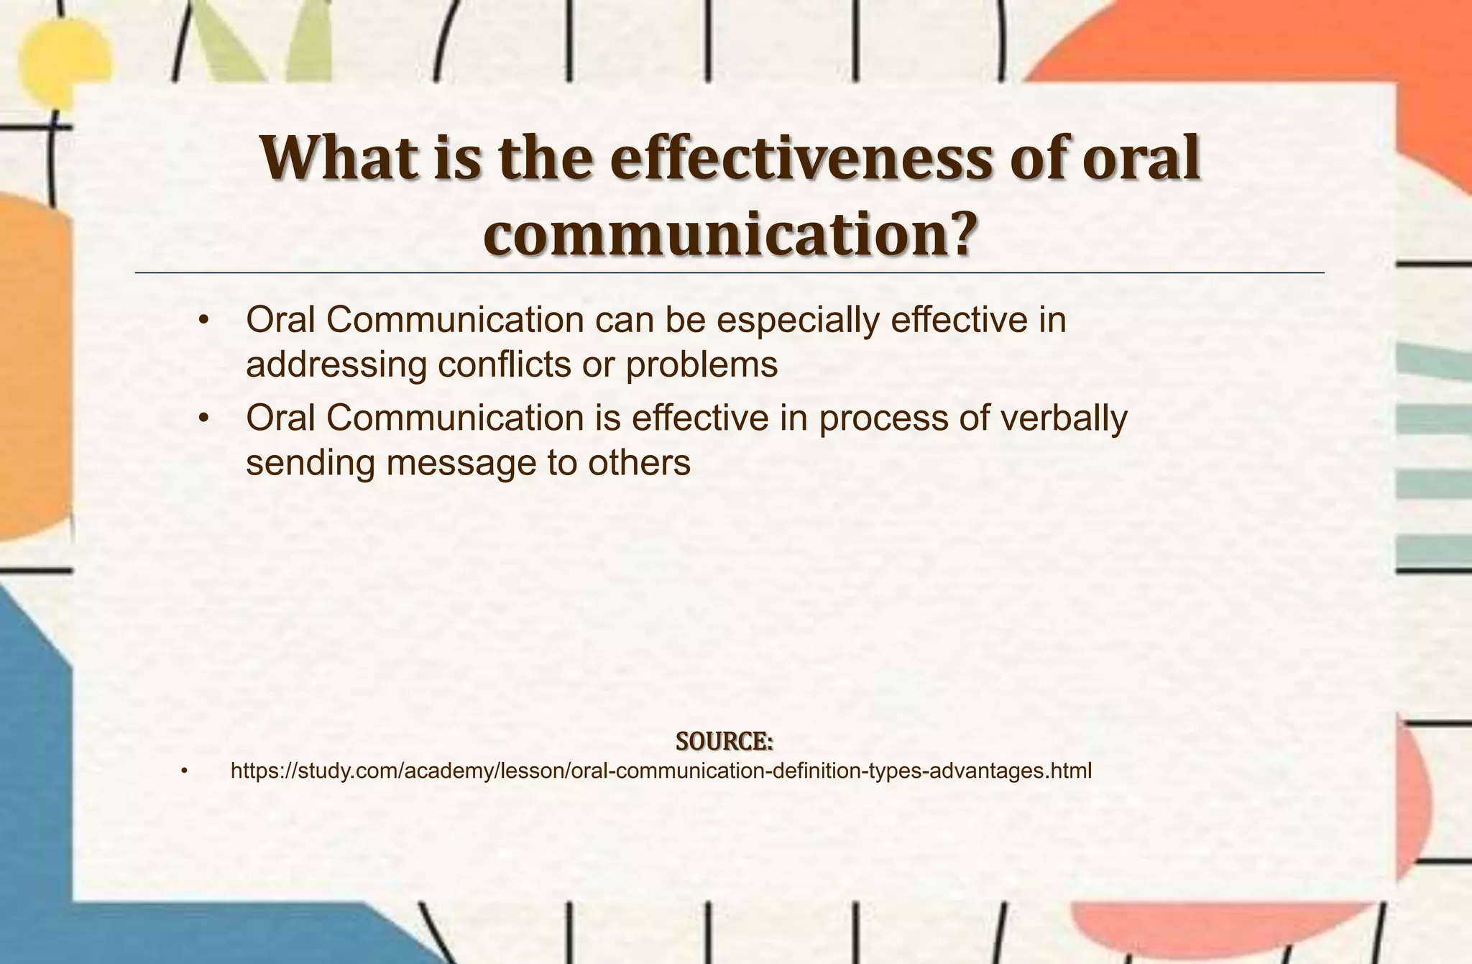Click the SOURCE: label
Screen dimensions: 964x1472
724,741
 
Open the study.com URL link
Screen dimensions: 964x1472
661,771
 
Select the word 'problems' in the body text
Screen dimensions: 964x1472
701,365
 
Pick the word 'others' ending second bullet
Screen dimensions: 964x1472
639,463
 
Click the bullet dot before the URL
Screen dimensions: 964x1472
184,772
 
